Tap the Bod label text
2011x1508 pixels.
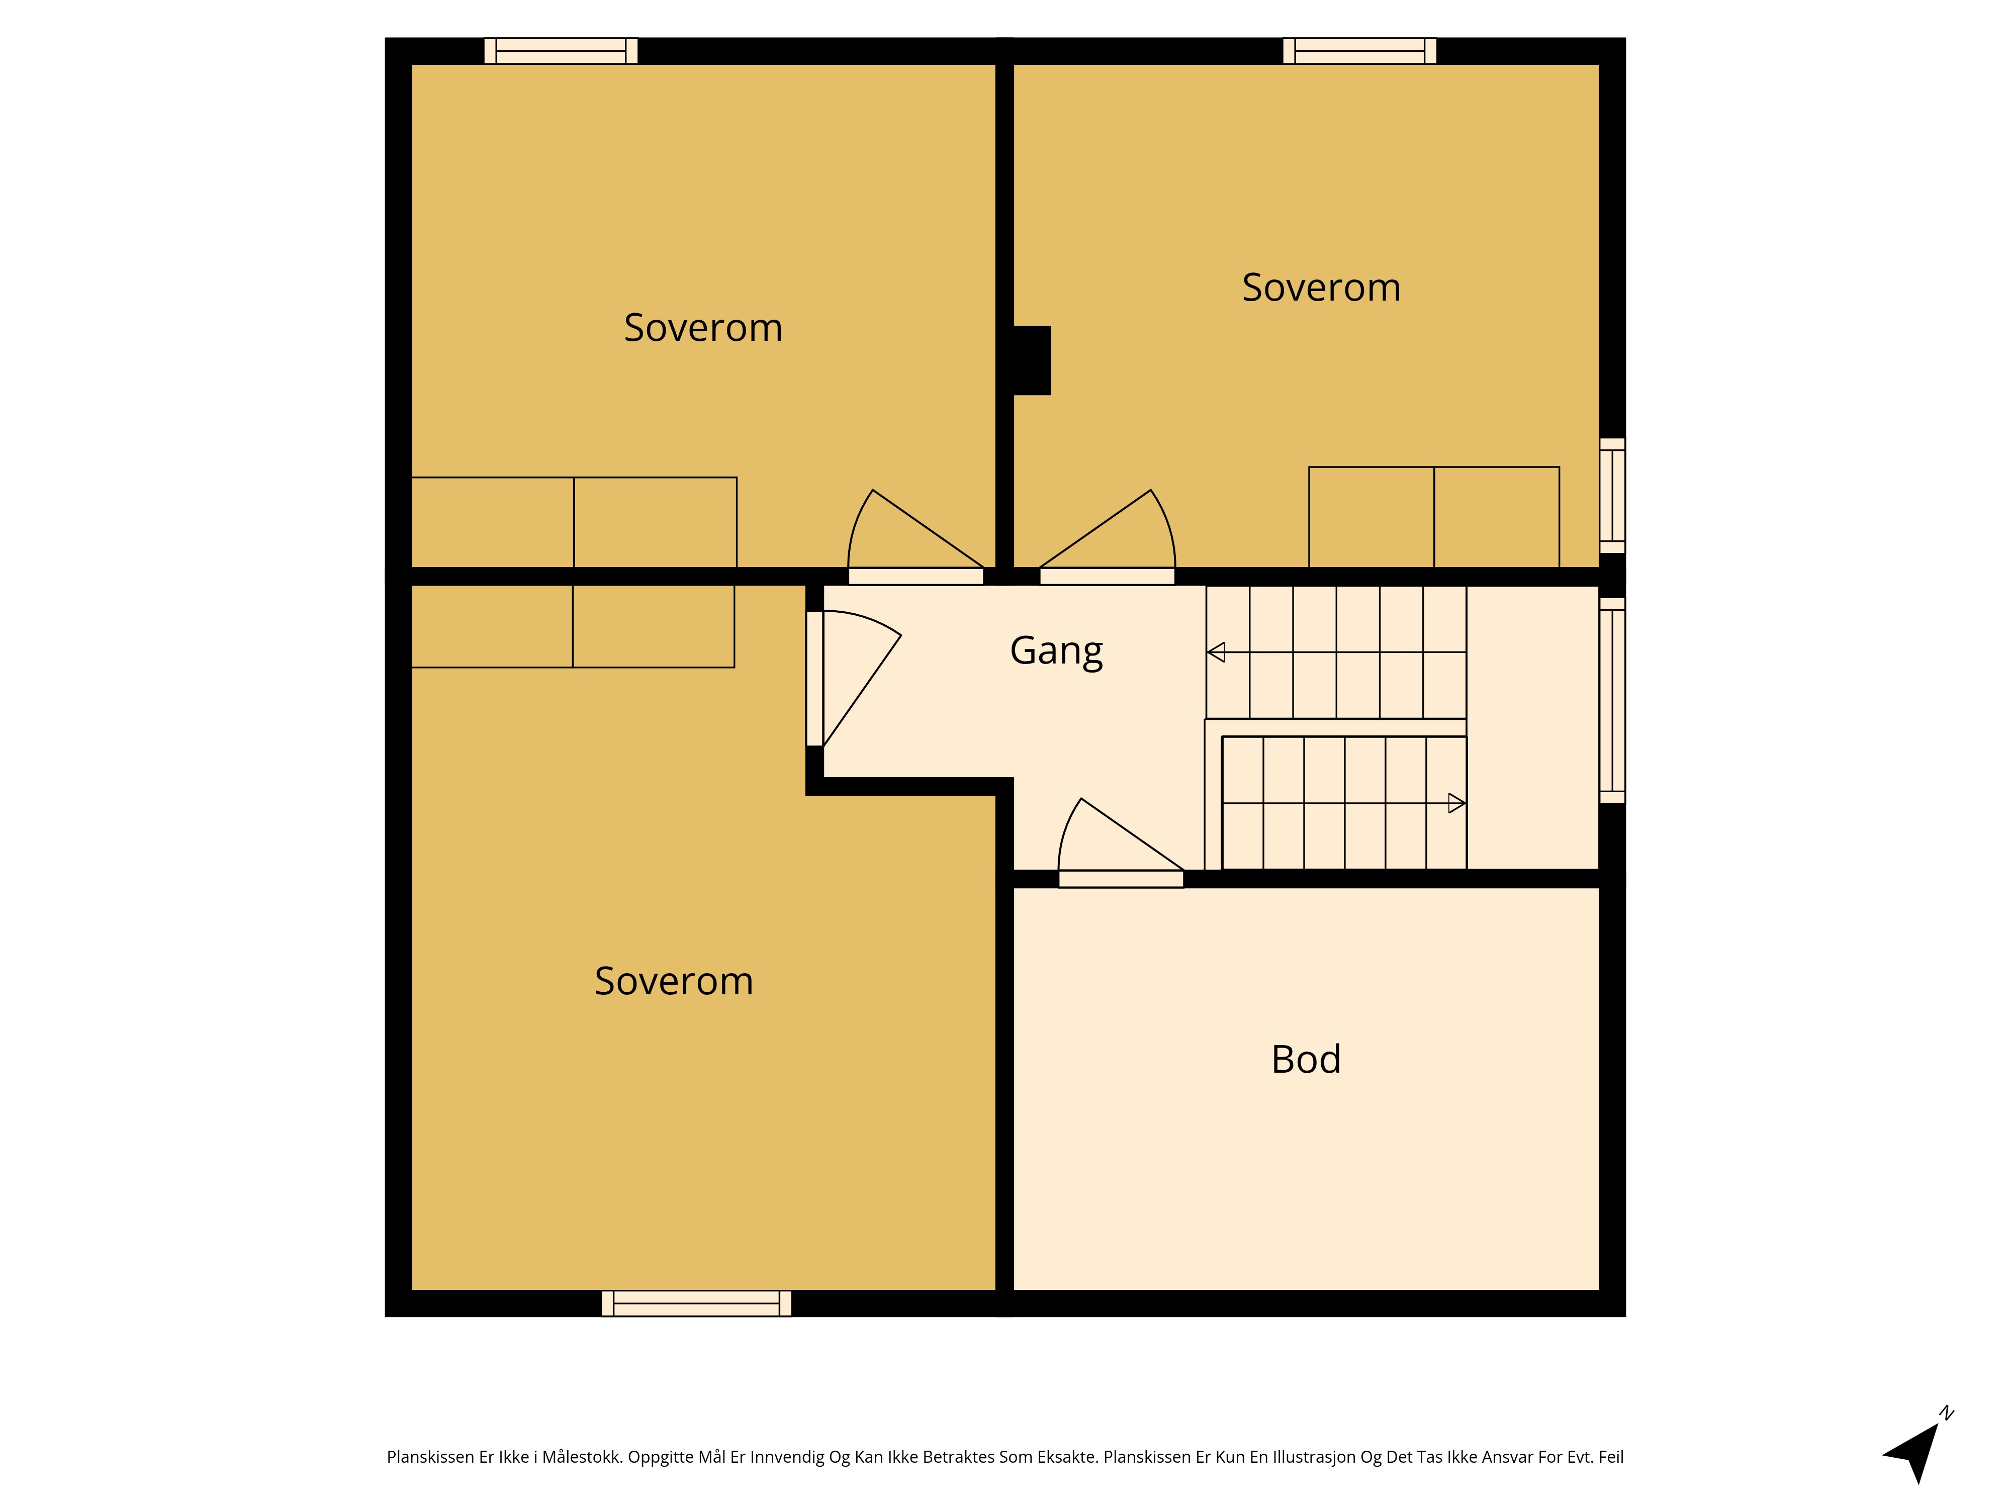pos(1306,1060)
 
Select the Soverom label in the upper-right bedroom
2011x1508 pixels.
pos(1321,287)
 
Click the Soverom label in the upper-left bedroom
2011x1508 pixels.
pos(703,327)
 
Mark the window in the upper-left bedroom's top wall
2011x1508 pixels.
pos(561,51)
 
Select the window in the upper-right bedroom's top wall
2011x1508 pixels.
pos(1359,51)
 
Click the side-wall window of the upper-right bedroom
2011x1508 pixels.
pos(1612,496)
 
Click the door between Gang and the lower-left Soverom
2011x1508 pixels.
pos(853,678)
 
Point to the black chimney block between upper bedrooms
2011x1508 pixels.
pos(1032,361)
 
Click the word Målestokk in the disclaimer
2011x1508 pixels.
pos(581,1457)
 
